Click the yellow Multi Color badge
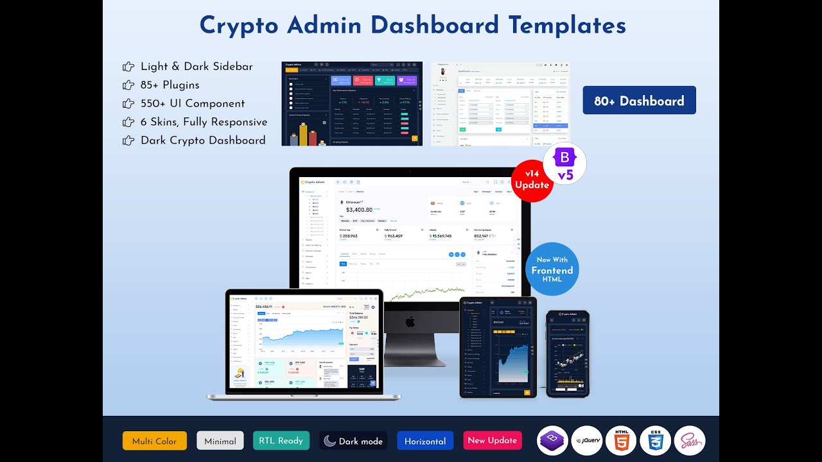154,441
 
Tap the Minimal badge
220,441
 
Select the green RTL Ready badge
281,440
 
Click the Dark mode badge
353,441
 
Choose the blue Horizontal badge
424,441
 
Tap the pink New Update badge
492,440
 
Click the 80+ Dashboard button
639,101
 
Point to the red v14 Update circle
532,180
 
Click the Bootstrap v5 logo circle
565,164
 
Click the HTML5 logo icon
621,441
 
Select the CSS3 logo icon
655,441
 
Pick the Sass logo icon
689,441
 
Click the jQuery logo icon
587,441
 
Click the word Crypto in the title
239,26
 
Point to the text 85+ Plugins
170,85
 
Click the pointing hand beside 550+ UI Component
128,103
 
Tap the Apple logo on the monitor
410,321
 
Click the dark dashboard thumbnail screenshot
352,104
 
